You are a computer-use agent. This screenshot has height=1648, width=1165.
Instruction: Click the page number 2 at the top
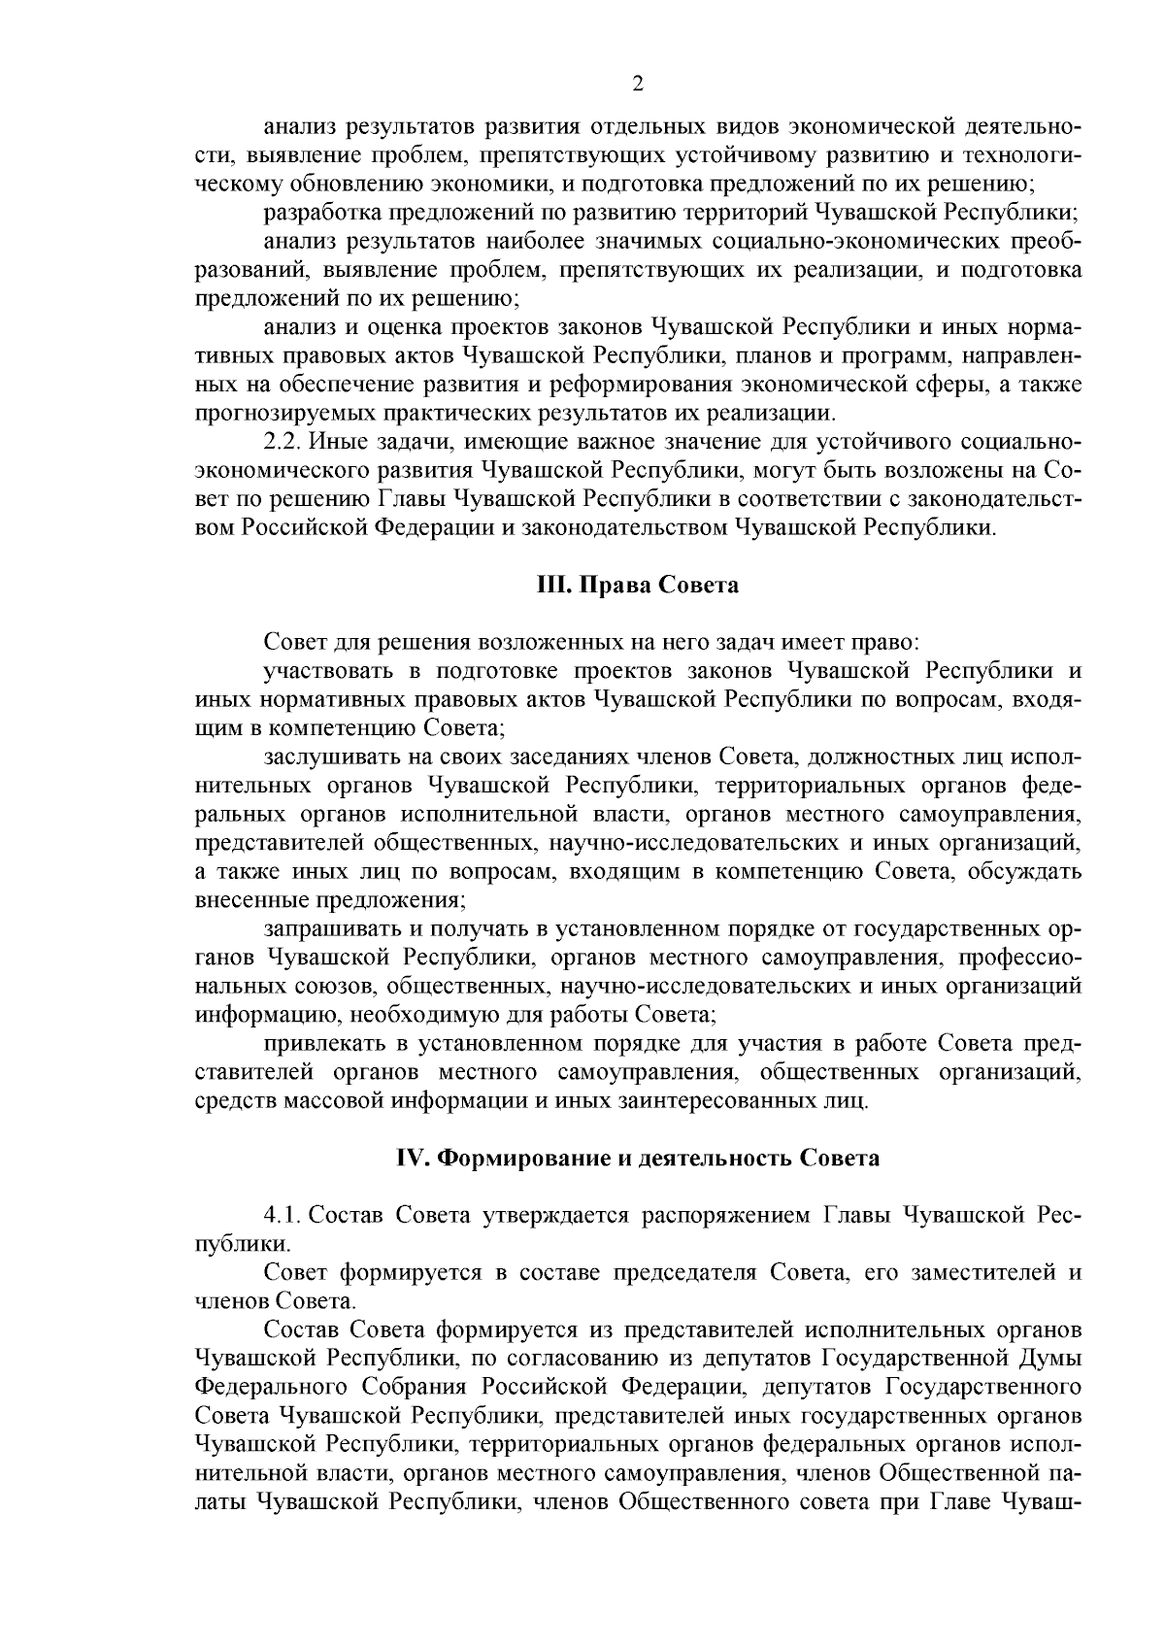click(x=638, y=84)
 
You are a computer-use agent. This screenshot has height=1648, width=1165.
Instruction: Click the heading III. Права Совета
click(x=638, y=586)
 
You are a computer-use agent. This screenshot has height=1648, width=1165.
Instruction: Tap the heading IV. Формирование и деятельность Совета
click(x=638, y=1159)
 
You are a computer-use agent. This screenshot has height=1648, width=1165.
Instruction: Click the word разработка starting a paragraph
click(x=321, y=212)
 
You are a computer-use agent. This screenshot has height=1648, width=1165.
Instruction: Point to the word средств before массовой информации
click(x=231, y=1101)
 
